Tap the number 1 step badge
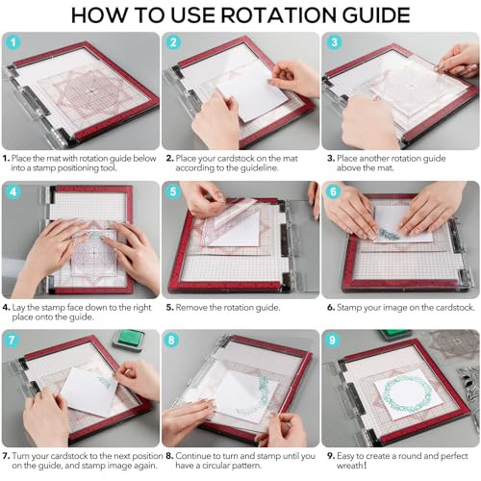[x=13, y=42]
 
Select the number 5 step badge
[x=173, y=191]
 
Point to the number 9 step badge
[x=333, y=340]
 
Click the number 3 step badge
[x=334, y=42]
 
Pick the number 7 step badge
[x=12, y=340]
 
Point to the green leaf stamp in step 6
[x=390, y=235]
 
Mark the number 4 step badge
[x=13, y=191]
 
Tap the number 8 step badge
[x=171, y=340]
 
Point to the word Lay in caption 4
[x=18, y=308]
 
